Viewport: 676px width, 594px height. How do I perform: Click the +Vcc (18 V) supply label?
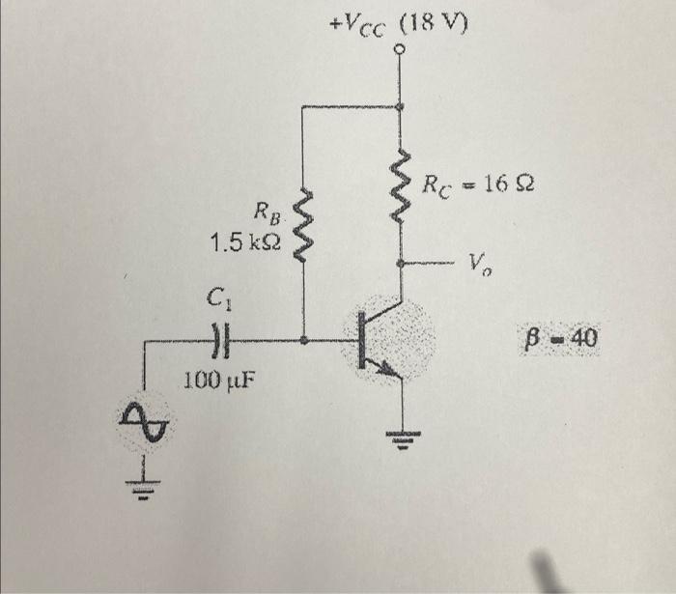398,24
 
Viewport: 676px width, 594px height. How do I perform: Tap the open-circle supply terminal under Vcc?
401,49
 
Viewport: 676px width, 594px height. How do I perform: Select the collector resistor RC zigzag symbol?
401,186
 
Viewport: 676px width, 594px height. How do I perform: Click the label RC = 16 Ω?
479,185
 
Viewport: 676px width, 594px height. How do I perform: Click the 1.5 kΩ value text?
245,243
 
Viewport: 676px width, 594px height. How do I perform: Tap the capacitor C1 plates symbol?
221,341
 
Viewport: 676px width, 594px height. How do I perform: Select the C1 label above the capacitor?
219,297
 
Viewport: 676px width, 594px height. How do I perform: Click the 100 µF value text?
219,381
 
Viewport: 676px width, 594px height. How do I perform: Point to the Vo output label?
480,265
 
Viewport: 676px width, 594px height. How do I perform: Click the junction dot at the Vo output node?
401,263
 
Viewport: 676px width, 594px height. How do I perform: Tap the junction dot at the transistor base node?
303,341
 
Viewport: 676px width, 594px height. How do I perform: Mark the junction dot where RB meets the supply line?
401,106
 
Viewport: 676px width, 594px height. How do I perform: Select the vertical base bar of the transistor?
362,341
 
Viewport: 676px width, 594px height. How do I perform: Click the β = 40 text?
559,338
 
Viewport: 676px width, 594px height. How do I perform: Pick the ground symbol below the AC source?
144,490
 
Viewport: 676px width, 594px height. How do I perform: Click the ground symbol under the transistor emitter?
403,439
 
